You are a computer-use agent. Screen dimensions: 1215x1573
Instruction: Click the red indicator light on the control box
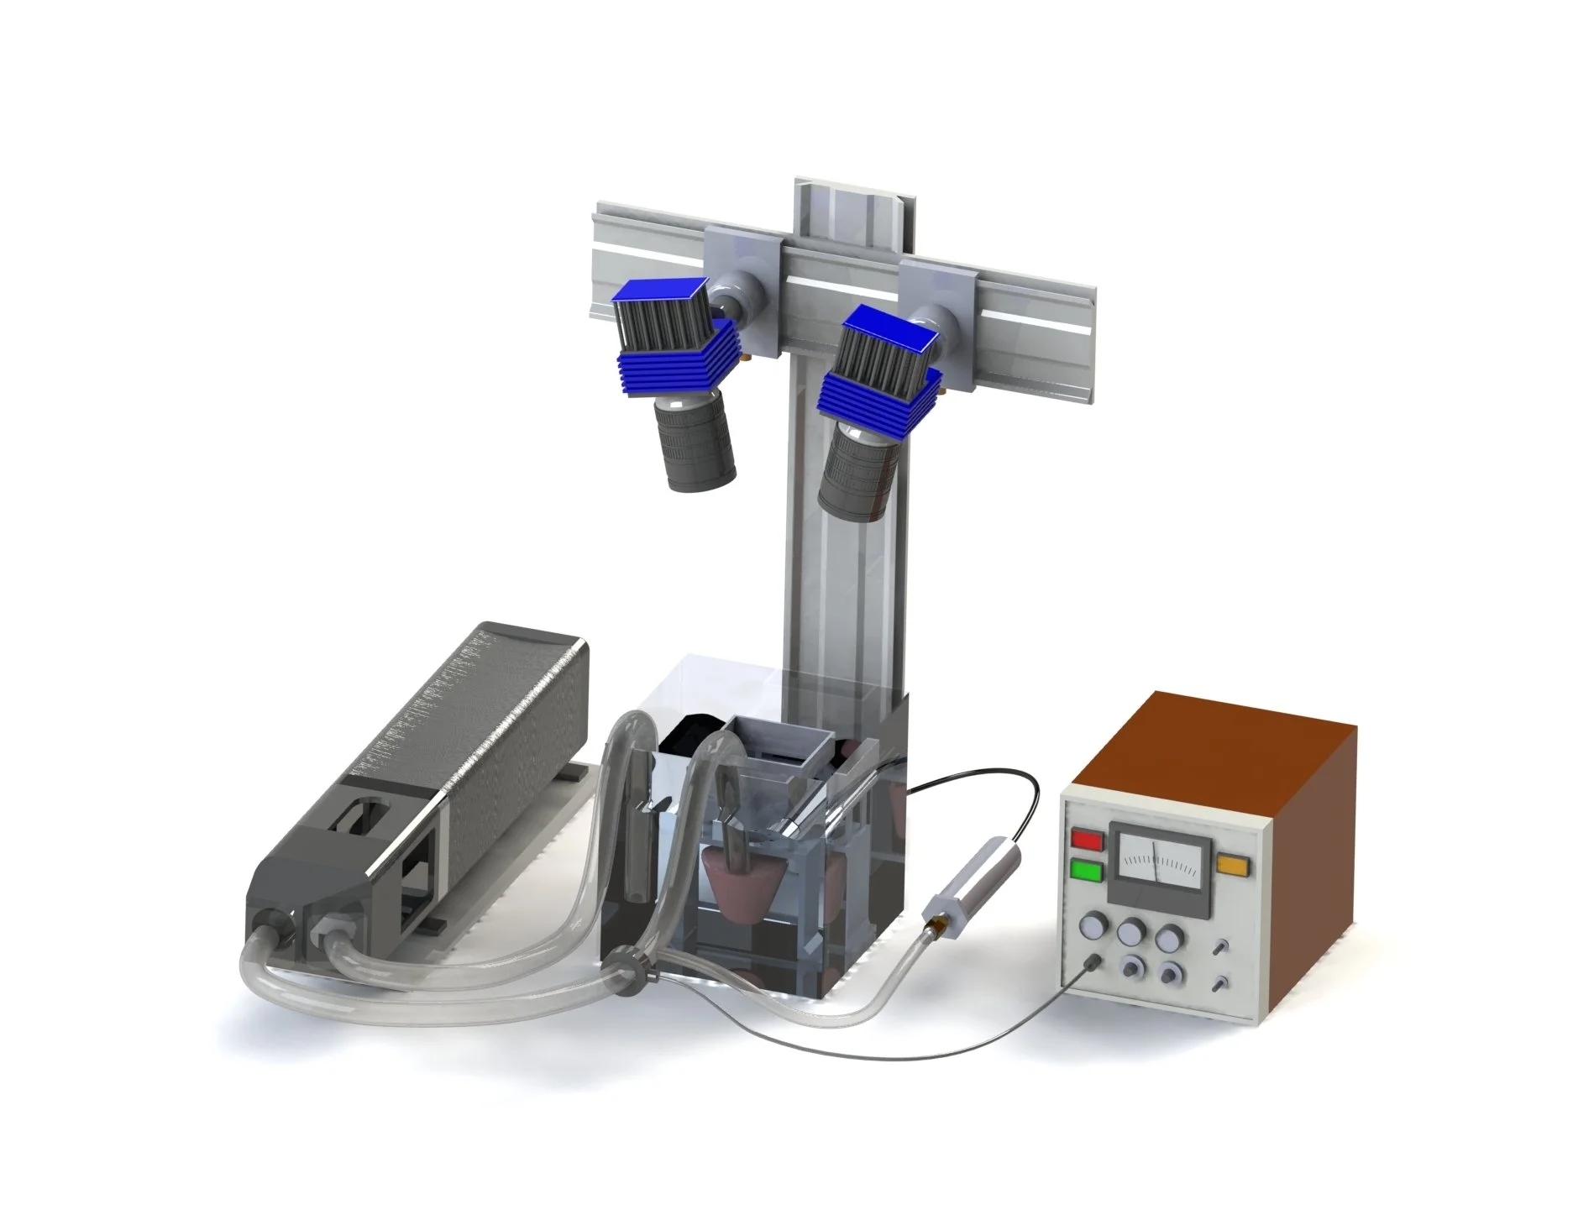[1087, 839]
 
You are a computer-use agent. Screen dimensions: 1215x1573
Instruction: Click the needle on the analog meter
[1156, 856]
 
